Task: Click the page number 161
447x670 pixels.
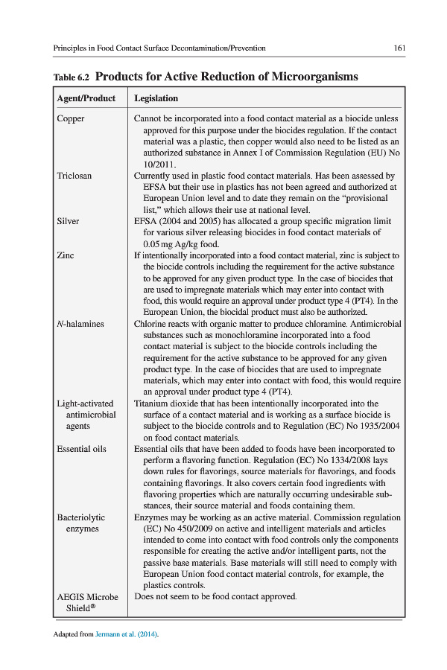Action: point(399,48)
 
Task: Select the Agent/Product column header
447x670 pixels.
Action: point(86,98)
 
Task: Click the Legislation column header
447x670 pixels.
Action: point(156,98)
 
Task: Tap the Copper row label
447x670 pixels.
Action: point(71,118)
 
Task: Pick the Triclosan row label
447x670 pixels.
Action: point(74,176)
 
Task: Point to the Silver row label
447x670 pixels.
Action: point(68,221)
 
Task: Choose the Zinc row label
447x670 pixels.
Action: point(66,255)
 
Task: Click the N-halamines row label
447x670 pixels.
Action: point(80,324)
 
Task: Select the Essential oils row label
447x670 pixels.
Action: point(82,449)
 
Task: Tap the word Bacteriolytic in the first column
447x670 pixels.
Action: point(81,517)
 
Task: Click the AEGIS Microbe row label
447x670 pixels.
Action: point(87,597)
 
